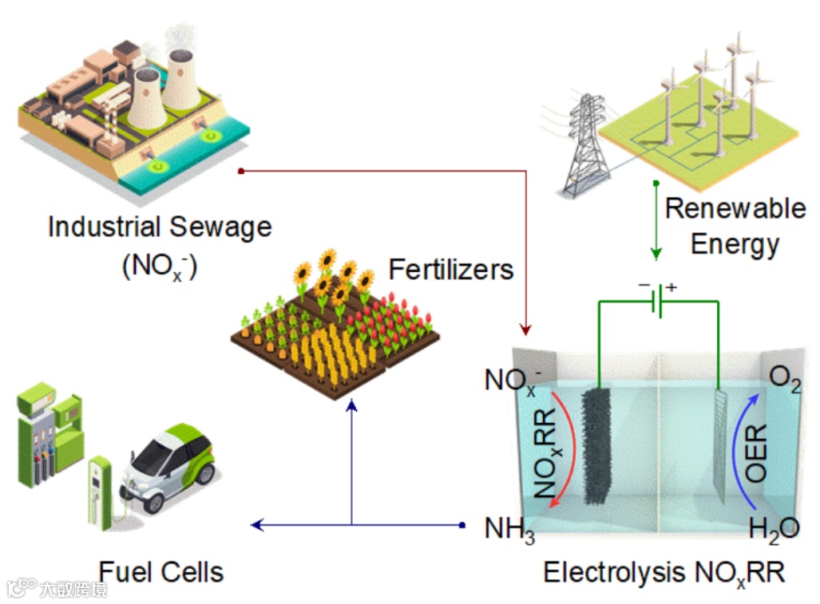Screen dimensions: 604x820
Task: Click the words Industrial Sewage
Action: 160,227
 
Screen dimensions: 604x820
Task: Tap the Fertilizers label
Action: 451,269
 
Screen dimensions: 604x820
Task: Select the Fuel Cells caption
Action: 161,571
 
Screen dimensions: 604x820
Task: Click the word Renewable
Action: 735,209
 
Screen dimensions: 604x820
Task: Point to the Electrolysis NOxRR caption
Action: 664,572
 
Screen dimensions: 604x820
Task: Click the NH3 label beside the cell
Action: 509,529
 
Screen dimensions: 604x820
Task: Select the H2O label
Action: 774,529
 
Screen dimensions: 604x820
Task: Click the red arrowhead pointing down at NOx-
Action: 525,329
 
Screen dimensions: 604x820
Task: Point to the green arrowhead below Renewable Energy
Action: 656,255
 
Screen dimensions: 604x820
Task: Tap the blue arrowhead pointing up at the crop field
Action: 351,405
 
